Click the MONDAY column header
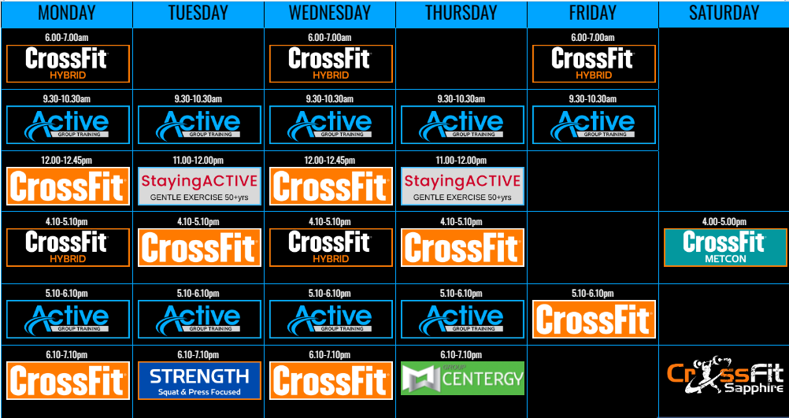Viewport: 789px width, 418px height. pyautogui.click(x=67, y=13)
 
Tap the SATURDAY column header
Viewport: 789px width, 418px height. pyautogui.click(x=724, y=13)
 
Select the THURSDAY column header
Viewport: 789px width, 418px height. pyautogui.click(x=461, y=13)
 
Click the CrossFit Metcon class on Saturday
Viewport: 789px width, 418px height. pyautogui.click(x=724, y=247)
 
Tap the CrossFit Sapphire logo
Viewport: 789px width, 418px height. pyautogui.click(x=724, y=379)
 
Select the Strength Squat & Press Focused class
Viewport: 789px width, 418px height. pyautogui.click(x=200, y=380)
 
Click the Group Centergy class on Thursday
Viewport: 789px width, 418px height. pyautogui.click(x=462, y=379)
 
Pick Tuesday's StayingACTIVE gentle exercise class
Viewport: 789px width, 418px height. pyautogui.click(x=200, y=186)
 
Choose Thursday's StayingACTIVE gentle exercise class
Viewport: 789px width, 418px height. pyautogui.click(x=462, y=186)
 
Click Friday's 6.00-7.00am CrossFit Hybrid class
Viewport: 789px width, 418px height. pyautogui.click(x=594, y=64)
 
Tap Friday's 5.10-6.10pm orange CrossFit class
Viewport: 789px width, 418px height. pyautogui.click(x=594, y=319)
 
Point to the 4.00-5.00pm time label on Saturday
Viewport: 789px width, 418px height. pyautogui.click(x=724, y=222)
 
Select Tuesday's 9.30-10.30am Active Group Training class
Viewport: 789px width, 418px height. pyautogui.click(x=200, y=124)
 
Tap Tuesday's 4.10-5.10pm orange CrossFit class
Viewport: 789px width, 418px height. pyautogui.click(x=200, y=247)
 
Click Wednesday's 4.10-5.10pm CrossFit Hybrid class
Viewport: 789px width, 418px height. pyautogui.click(x=331, y=247)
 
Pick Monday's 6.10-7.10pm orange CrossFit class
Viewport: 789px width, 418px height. pyautogui.click(x=68, y=380)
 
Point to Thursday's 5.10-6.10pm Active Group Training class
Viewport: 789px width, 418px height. pyautogui.click(x=462, y=319)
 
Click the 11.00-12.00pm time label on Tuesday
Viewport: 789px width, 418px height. pyautogui.click(x=200, y=161)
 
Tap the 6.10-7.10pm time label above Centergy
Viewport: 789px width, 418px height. pyautogui.click(x=461, y=355)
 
